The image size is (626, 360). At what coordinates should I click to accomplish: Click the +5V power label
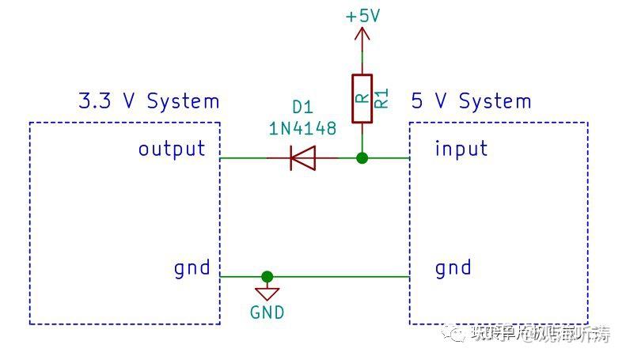pyautogui.click(x=362, y=15)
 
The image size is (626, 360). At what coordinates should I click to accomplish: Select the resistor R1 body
pyautogui.click(x=362, y=99)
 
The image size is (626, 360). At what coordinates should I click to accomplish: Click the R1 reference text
pyautogui.click(x=381, y=98)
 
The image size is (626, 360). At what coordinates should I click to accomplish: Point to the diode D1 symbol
pyautogui.click(x=302, y=158)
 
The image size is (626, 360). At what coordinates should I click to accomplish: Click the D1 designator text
pyautogui.click(x=303, y=107)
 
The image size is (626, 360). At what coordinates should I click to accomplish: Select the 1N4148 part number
pyautogui.click(x=303, y=127)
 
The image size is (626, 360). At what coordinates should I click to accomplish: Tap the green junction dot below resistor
pyautogui.click(x=362, y=158)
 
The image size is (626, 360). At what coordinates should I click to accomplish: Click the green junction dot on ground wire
pyautogui.click(x=267, y=277)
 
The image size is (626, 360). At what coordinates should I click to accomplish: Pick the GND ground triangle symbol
pyautogui.click(x=267, y=293)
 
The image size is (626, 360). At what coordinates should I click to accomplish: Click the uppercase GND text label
pyautogui.click(x=267, y=313)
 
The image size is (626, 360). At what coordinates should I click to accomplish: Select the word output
pyautogui.click(x=172, y=149)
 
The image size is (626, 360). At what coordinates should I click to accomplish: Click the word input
pyautogui.click(x=461, y=149)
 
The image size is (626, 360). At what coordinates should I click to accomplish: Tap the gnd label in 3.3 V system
pyautogui.click(x=192, y=268)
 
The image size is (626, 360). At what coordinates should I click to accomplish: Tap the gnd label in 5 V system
pyautogui.click(x=453, y=268)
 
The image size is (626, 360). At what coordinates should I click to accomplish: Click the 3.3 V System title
pyautogui.click(x=148, y=101)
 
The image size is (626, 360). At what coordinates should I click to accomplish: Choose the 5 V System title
pyautogui.click(x=472, y=101)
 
